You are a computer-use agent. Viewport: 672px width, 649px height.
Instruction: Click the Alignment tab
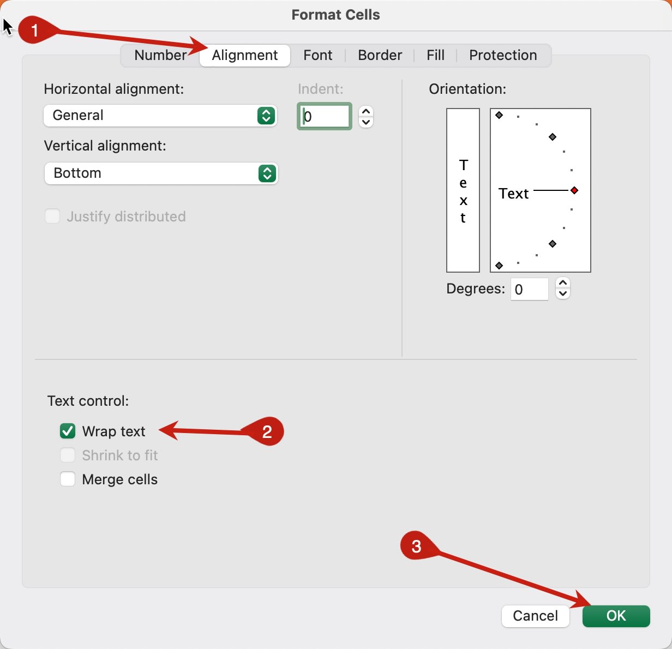tap(244, 56)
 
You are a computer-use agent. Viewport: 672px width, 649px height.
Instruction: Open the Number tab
tap(160, 56)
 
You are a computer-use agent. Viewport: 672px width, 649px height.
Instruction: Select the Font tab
tap(317, 56)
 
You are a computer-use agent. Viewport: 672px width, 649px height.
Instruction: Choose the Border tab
tap(380, 56)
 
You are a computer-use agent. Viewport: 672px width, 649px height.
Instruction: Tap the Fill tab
tap(435, 56)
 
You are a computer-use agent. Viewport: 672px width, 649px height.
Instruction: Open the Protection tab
tap(502, 56)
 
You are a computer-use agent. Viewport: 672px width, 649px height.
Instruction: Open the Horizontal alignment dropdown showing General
tap(160, 116)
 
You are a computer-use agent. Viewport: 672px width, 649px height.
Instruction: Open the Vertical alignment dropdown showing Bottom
tap(161, 173)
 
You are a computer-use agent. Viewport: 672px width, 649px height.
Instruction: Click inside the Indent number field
tap(325, 116)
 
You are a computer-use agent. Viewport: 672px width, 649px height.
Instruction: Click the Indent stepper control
tap(366, 116)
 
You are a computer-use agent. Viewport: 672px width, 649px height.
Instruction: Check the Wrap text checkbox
tap(68, 431)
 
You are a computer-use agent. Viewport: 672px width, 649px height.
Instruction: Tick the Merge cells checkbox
tap(68, 479)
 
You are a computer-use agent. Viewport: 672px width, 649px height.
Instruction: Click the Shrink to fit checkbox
tap(68, 455)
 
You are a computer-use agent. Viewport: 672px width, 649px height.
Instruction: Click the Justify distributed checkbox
tap(52, 217)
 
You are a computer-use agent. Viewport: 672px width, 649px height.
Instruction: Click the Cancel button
tap(535, 616)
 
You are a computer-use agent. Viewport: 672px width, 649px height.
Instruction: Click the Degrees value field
tap(529, 289)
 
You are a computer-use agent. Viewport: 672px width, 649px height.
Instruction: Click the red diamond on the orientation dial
tap(574, 190)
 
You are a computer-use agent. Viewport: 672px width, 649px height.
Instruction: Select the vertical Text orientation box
tap(463, 190)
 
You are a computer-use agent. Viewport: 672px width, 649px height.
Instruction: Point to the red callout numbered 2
tap(266, 432)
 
